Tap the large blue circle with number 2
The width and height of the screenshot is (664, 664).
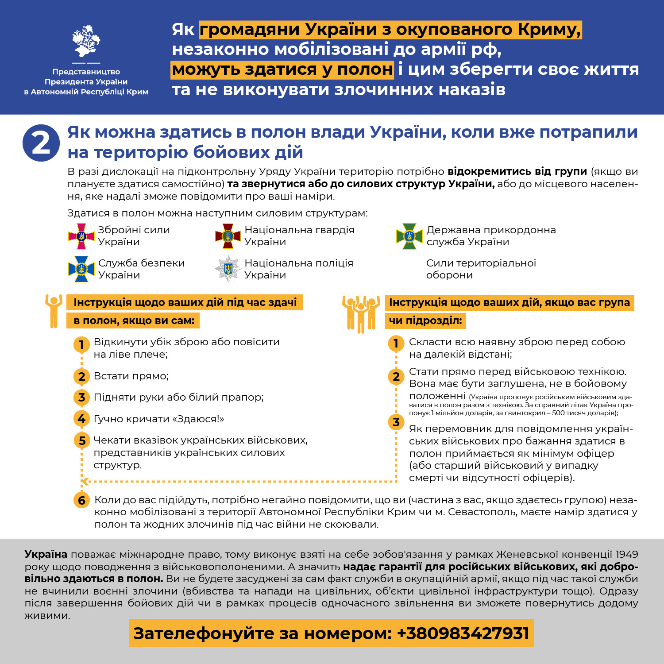(x=41, y=143)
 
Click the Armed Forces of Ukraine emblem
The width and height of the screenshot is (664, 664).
(x=81, y=236)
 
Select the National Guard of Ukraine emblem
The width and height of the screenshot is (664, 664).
(x=228, y=236)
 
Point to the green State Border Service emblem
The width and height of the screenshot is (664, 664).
(x=409, y=236)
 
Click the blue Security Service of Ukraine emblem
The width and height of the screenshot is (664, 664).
(x=81, y=269)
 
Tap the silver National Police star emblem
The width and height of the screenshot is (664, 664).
(x=228, y=269)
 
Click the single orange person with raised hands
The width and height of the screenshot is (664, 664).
(x=54, y=311)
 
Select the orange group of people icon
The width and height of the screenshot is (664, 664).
(x=361, y=313)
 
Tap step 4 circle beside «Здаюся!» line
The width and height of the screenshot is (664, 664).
(x=81, y=419)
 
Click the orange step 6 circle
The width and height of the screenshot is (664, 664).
(x=81, y=500)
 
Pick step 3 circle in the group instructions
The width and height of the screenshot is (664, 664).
(x=396, y=422)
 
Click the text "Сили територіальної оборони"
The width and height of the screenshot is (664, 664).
(x=481, y=269)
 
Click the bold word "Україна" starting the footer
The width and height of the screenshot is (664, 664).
(x=46, y=554)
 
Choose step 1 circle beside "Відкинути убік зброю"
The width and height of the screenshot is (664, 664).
(x=81, y=344)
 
